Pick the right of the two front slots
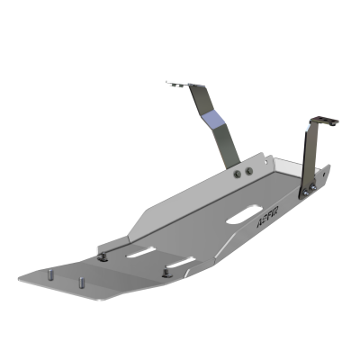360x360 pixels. point(180,263)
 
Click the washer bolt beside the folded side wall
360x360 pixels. point(105,256)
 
